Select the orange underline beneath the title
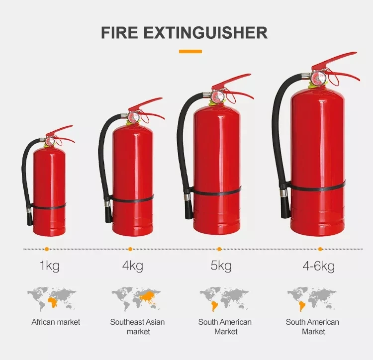pyautogui.click(x=190, y=51)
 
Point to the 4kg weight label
pyautogui.click(x=132, y=266)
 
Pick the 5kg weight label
pyautogui.click(x=221, y=266)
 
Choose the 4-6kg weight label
pyautogui.click(x=318, y=266)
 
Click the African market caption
pyautogui.click(x=56, y=322)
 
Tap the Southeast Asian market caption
pyautogui.click(x=137, y=327)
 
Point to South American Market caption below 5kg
pyautogui.click(x=225, y=327)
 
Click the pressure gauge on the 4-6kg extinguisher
pyautogui.click(x=317, y=77)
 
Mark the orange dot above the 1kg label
pyautogui.click(x=47, y=249)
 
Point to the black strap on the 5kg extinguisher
pyautogui.click(x=217, y=190)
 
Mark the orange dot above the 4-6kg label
pyautogui.click(x=320, y=249)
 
